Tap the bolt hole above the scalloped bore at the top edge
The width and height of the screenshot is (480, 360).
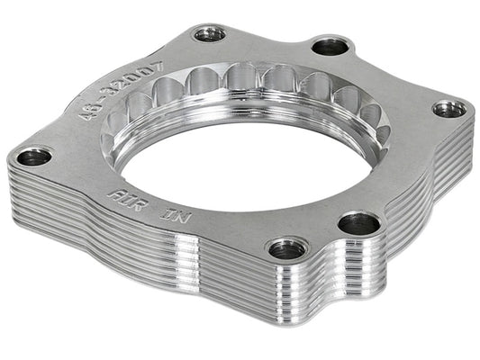coord(210,34)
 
